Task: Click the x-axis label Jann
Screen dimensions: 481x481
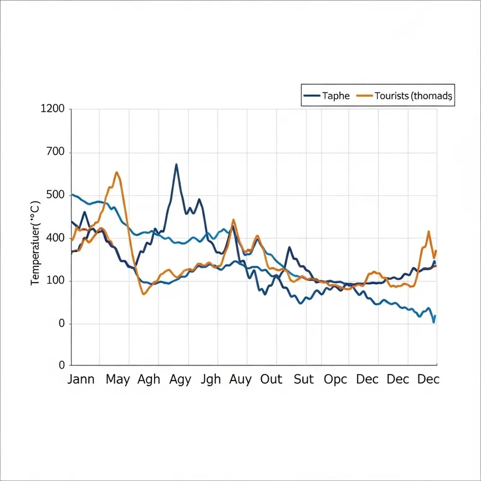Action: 81,379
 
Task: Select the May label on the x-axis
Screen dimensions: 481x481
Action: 118,379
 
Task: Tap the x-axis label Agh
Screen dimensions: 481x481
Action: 149,379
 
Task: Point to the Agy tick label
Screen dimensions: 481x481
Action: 180,379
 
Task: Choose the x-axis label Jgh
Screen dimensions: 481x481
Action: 210,379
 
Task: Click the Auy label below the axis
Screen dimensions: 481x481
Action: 240,379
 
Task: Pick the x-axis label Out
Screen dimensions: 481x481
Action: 271,379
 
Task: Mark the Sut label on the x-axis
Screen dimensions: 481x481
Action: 304,379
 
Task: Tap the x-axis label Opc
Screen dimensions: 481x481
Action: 335,379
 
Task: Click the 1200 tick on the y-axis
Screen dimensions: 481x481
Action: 52,109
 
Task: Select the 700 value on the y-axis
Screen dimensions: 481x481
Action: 55,153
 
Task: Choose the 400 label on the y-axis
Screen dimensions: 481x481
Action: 55,238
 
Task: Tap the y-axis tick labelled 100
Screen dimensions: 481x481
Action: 55,281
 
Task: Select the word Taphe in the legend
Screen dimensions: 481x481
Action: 335,96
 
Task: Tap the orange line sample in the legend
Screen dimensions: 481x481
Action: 364,96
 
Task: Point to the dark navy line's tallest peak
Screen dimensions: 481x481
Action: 176,164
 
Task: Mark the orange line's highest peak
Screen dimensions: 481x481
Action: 117,173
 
